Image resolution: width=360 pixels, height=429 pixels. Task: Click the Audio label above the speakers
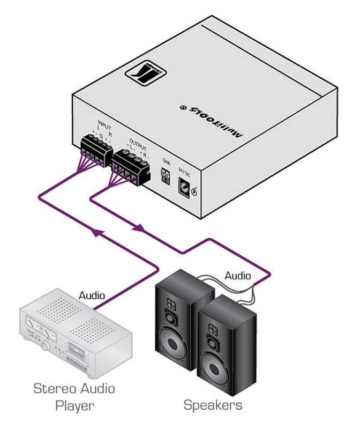pyautogui.click(x=237, y=276)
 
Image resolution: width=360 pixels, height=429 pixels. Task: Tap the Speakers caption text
pyautogui.click(x=213, y=405)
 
